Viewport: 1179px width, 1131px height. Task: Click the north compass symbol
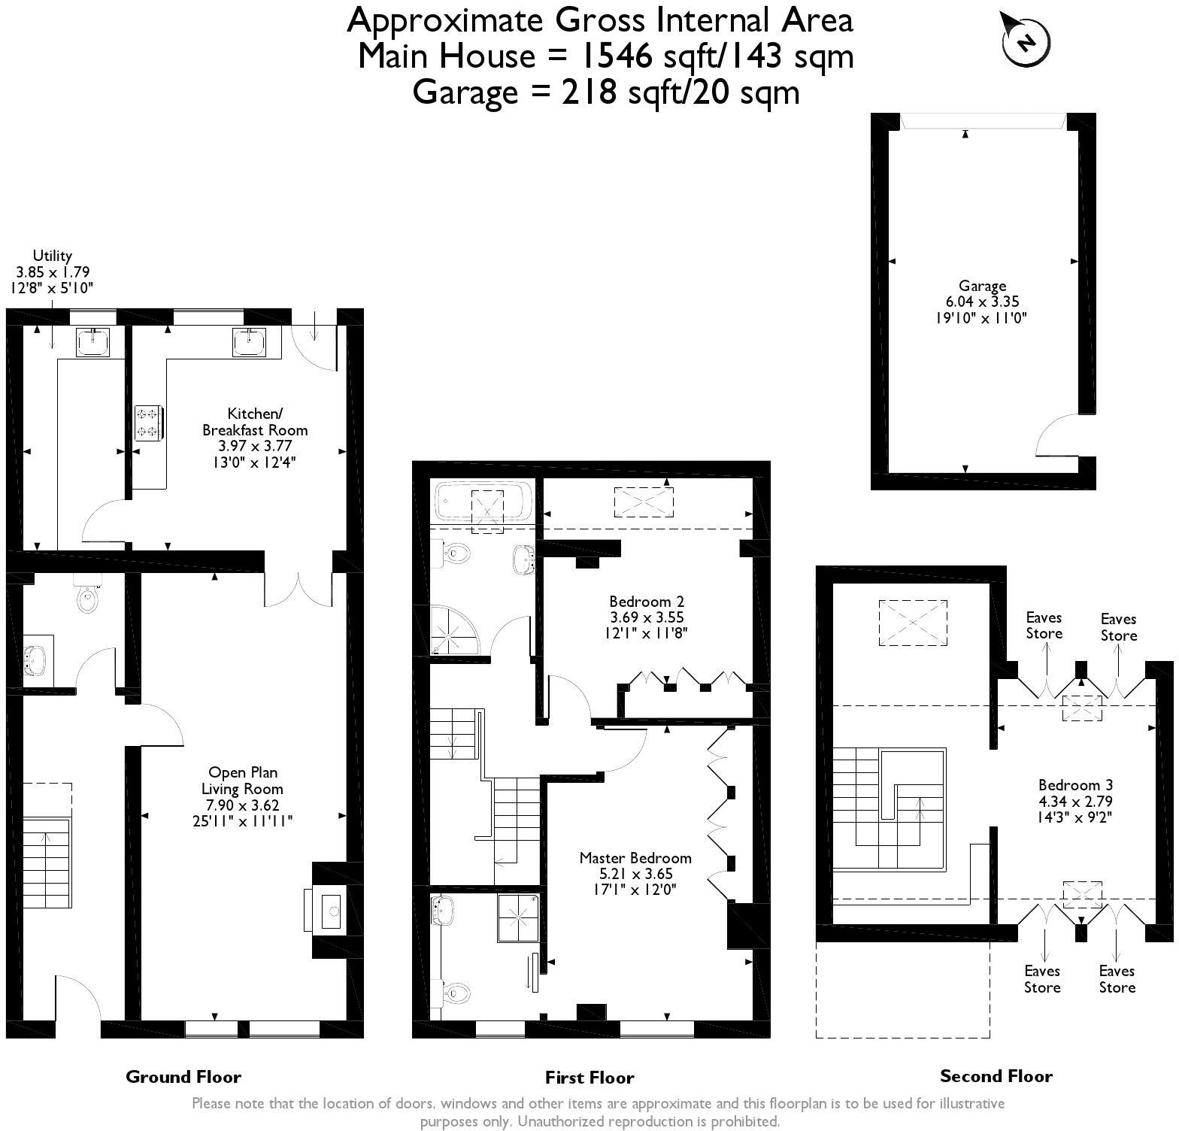point(1026,41)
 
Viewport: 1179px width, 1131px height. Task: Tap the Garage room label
point(982,286)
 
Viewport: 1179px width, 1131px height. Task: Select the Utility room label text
point(53,256)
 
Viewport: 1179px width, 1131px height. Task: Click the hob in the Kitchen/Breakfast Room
point(147,422)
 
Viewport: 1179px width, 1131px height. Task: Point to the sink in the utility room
point(93,342)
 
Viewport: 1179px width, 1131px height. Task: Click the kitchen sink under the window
point(249,342)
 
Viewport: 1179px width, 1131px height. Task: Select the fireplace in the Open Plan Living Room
point(329,910)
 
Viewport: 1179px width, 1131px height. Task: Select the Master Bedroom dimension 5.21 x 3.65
point(635,874)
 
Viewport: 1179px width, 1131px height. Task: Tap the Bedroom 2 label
point(646,601)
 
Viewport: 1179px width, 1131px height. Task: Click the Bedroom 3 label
point(1075,784)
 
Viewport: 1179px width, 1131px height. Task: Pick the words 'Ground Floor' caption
point(183,1077)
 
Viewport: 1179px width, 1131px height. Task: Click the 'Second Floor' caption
point(996,1076)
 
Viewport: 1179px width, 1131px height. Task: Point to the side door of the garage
point(1056,435)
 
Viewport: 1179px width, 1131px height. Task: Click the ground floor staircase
point(47,863)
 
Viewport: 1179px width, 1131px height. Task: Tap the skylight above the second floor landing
point(913,622)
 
